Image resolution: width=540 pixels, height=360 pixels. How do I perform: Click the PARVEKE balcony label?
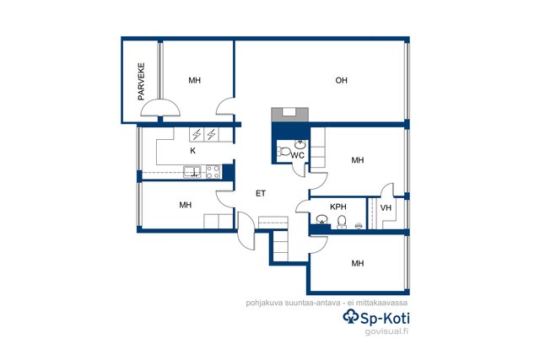141,82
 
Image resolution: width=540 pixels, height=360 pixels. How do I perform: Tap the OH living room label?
341,81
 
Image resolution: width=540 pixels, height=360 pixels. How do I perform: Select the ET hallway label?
261,193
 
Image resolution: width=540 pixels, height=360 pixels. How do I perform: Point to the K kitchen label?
193,151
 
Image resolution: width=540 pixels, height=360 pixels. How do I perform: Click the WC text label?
298,155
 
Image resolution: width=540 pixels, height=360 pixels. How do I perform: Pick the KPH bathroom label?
338,207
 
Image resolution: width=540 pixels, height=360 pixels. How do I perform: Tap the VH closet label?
386,208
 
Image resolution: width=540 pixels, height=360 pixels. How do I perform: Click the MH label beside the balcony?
195,81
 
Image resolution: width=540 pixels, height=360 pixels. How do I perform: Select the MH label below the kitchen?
186,205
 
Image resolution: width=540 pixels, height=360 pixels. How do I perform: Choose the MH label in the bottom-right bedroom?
358,264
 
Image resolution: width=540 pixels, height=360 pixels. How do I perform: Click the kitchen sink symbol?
192,172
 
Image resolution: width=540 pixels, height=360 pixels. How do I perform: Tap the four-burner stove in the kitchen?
213,172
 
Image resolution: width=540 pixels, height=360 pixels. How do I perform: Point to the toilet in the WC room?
283,152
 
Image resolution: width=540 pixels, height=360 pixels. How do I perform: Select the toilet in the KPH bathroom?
342,222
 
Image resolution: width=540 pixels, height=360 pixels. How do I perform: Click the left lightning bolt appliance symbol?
197,134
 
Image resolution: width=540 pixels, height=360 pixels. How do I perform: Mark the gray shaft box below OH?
289,115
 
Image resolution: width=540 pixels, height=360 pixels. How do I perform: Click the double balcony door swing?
160,108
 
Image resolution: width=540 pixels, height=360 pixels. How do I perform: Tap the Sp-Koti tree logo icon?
351,316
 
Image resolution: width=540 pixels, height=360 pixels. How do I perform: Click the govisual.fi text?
386,332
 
